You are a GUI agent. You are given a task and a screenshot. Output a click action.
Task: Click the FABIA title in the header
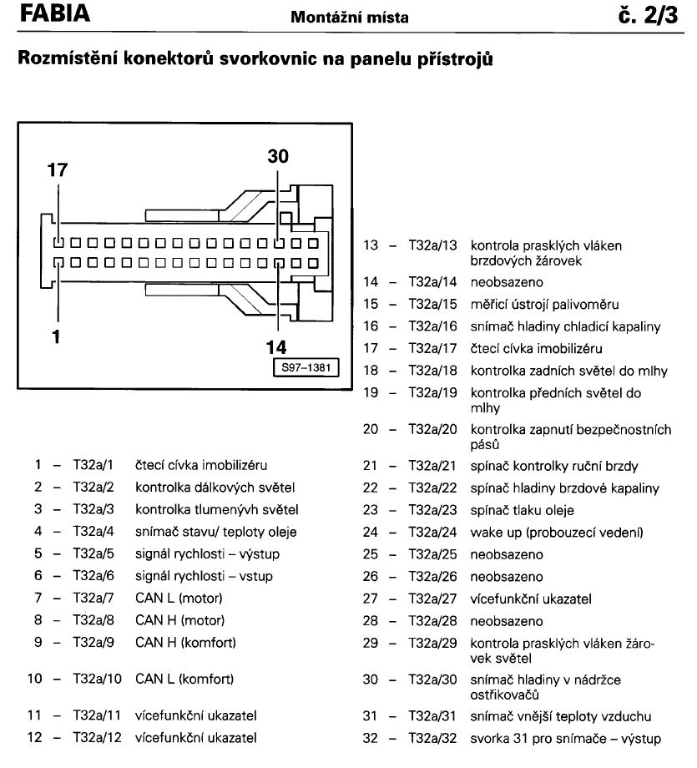tap(55, 13)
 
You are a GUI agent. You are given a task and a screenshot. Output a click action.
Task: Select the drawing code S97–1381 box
tap(306, 367)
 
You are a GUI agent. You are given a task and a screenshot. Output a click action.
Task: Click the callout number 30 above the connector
tap(278, 156)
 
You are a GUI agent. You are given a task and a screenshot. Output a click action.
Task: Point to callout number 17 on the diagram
tap(58, 170)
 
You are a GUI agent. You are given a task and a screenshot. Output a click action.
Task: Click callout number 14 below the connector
tap(275, 347)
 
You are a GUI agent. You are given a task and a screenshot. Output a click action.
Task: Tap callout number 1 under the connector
tap(56, 337)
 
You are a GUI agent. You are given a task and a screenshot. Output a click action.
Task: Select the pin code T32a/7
tap(93, 598)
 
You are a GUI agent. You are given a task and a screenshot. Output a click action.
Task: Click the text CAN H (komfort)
tap(185, 643)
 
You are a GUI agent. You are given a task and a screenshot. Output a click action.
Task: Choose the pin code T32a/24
tap(432, 532)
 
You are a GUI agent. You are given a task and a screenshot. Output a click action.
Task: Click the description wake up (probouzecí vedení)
tap(557, 533)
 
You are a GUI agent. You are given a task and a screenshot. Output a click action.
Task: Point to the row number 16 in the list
tap(371, 326)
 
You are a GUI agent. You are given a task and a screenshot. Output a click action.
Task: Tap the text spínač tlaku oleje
tap(523, 510)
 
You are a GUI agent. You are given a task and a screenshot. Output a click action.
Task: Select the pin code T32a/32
tap(432, 738)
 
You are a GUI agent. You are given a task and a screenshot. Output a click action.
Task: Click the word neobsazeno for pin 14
tap(507, 282)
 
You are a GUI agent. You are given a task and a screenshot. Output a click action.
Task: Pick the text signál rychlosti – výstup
tap(207, 554)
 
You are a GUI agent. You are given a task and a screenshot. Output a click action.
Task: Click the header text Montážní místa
tap(349, 18)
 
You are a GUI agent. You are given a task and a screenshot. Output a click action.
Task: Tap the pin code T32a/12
tap(97, 738)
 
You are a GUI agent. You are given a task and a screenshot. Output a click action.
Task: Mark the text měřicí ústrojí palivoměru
tap(545, 305)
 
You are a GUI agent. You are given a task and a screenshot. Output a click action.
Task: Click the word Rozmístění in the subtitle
tap(67, 58)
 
